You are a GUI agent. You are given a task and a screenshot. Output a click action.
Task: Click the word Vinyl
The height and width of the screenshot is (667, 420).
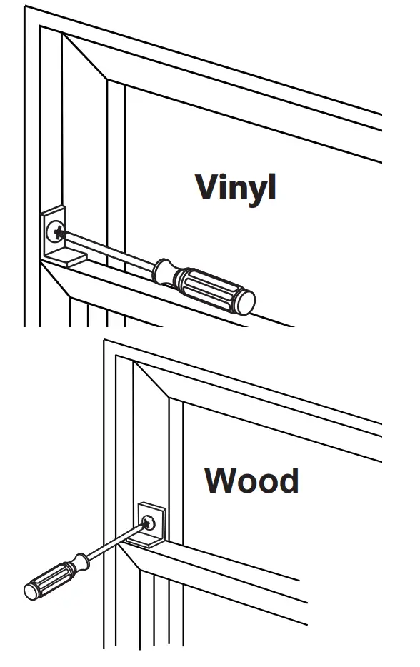(235, 186)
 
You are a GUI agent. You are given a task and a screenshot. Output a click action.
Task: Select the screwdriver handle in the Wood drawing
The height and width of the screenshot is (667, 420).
(54, 578)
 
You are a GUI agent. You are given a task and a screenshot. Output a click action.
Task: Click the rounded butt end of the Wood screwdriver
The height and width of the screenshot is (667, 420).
(32, 591)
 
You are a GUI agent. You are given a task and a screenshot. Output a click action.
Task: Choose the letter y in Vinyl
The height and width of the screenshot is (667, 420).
(254, 191)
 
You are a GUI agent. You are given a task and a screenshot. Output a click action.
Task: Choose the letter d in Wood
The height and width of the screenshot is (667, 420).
(287, 480)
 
